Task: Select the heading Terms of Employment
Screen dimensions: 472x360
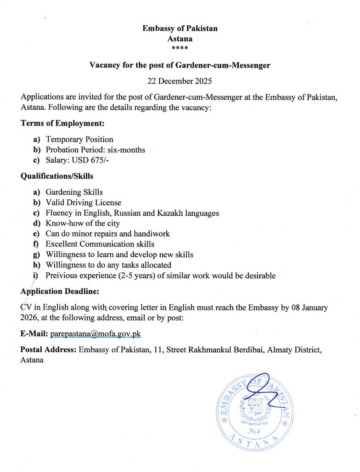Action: click(x=59, y=124)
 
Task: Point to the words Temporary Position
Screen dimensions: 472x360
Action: click(x=79, y=139)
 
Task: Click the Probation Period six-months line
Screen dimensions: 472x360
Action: click(x=96, y=149)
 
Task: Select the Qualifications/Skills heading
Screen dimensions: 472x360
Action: click(x=57, y=176)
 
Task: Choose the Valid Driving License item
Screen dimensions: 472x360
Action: click(x=84, y=202)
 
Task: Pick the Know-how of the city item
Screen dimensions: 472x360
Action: click(x=83, y=223)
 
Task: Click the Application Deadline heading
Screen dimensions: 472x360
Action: click(x=60, y=291)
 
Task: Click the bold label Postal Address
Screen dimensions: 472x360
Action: click(x=48, y=350)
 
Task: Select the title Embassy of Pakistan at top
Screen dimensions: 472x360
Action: click(x=180, y=28)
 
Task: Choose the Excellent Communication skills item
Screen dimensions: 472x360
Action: click(x=100, y=244)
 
